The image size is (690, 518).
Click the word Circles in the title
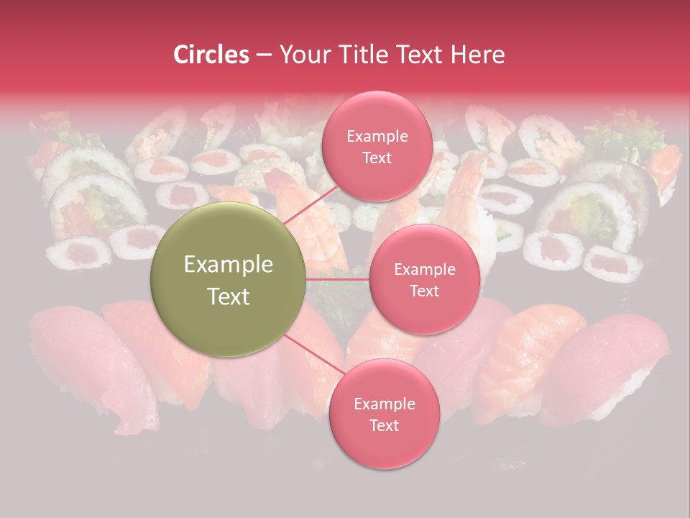click(x=211, y=55)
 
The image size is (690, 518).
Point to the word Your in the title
click(x=303, y=55)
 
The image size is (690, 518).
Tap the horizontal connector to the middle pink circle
click(x=338, y=279)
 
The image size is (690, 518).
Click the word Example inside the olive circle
click(x=229, y=265)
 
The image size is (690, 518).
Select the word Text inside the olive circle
click(x=229, y=296)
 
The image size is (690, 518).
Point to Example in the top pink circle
click(x=377, y=137)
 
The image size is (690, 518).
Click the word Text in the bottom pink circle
click(x=384, y=425)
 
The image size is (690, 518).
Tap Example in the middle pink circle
click(x=425, y=270)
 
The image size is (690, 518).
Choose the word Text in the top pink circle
click(x=377, y=158)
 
